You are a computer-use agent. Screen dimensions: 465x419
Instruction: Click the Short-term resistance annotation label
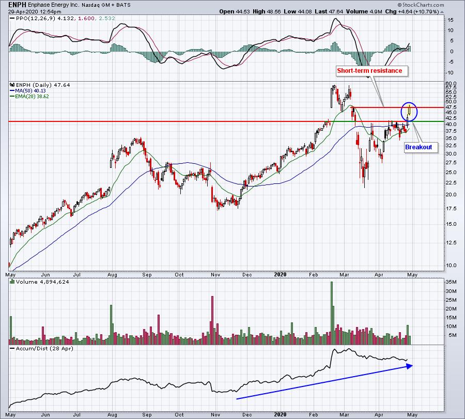click(x=369, y=71)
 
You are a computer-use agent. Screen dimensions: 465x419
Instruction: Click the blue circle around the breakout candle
click(x=401, y=111)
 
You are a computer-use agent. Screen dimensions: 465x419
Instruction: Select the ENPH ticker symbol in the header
click(x=18, y=5)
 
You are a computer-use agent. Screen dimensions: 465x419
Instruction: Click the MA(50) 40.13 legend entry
click(x=28, y=91)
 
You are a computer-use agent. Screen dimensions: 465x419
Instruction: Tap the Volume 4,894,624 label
click(x=42, y=282)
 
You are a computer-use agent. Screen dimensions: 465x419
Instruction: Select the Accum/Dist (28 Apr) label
click(x=44, y=348)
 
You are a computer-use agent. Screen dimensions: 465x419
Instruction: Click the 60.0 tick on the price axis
click(x=451, y=84)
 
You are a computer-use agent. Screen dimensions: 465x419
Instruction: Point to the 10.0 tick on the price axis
click(x=451, y=265)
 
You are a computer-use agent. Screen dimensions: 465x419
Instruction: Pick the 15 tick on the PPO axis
click(x=450, y=20)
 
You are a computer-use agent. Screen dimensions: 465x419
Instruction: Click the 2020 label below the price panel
click(x=280, y=274)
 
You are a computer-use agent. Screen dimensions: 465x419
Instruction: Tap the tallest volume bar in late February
click(x=332, y=313)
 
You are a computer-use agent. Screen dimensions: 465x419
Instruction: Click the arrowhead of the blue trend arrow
click(x=410, y=366)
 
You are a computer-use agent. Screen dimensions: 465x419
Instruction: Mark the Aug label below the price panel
click(x=112, y=274)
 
